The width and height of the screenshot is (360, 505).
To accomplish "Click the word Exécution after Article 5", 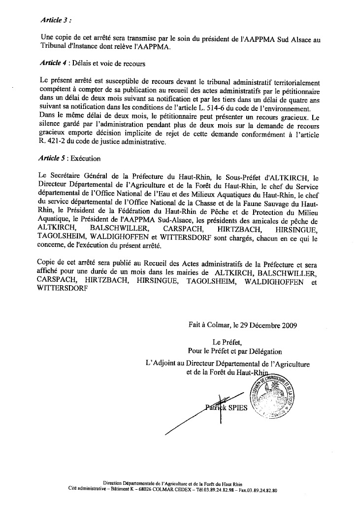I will (86, 159).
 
